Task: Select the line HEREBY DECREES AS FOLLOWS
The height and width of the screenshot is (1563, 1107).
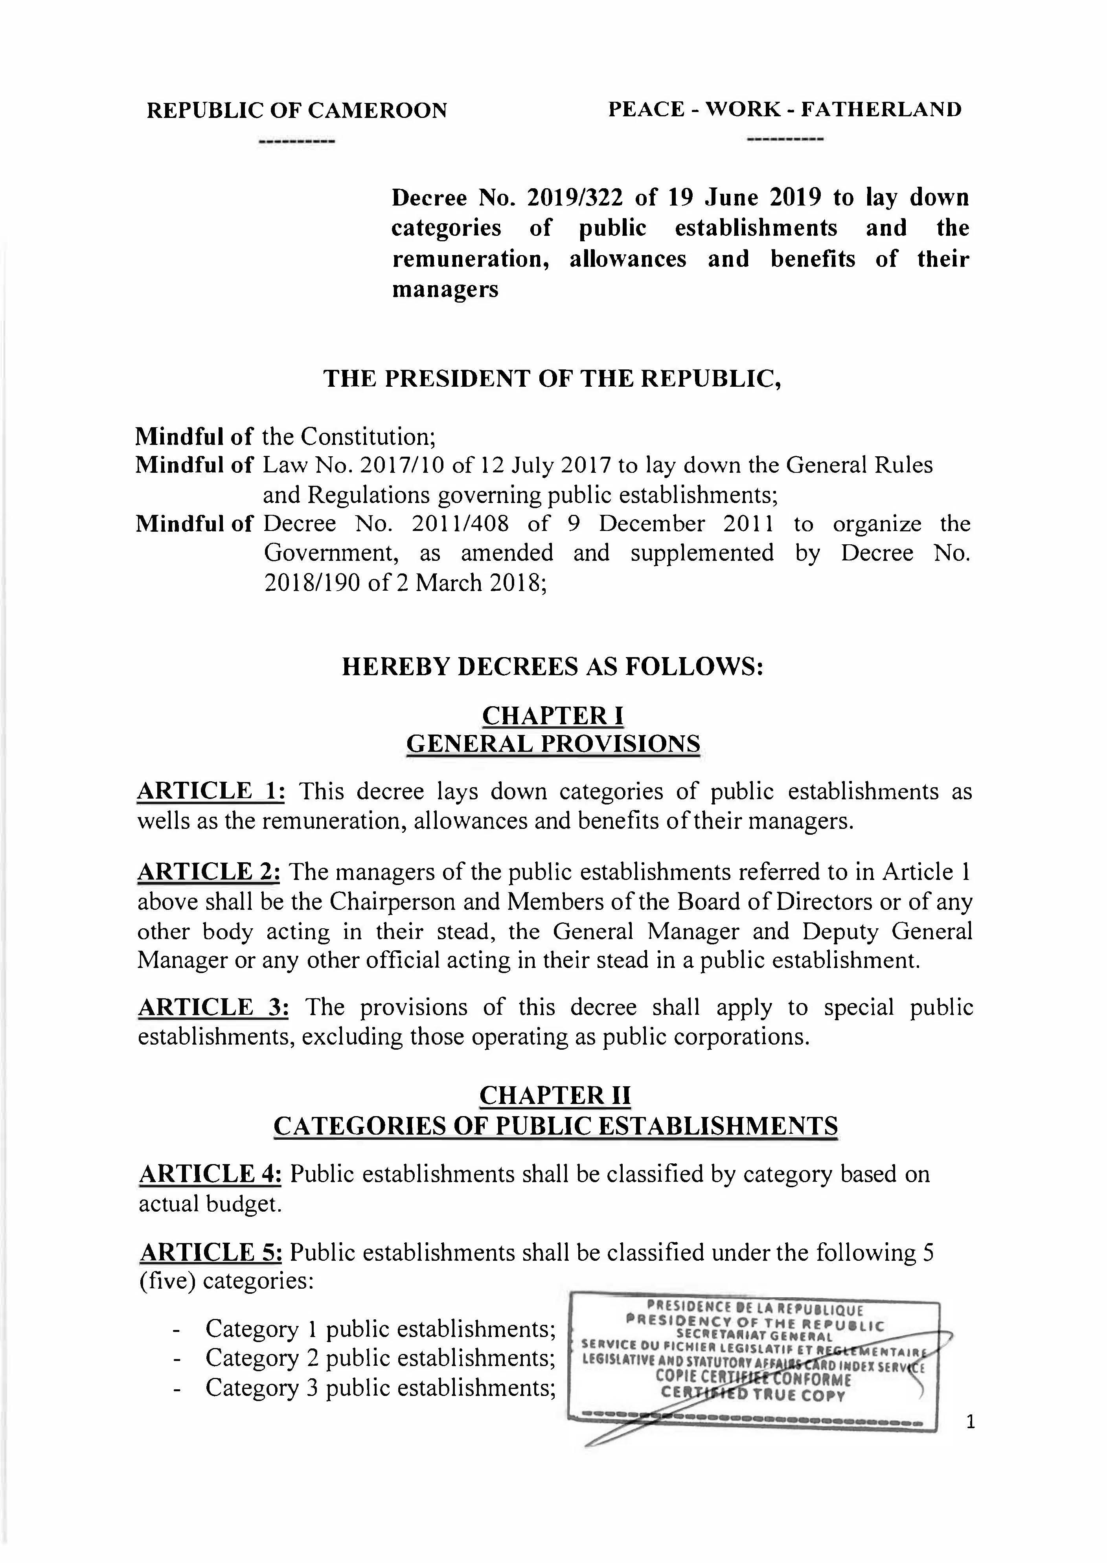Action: [552, 667]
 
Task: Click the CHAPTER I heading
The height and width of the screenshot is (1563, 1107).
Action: [553, 715]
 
